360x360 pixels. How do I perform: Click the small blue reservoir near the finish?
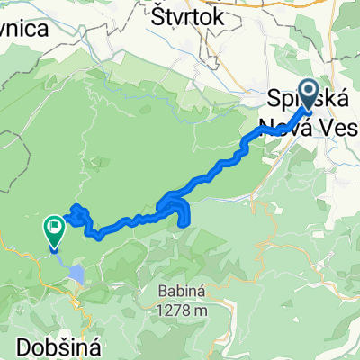pyautogui.click(x=78, y=274)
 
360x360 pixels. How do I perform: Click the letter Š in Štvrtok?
pyautogui.click(x=161, y=15)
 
